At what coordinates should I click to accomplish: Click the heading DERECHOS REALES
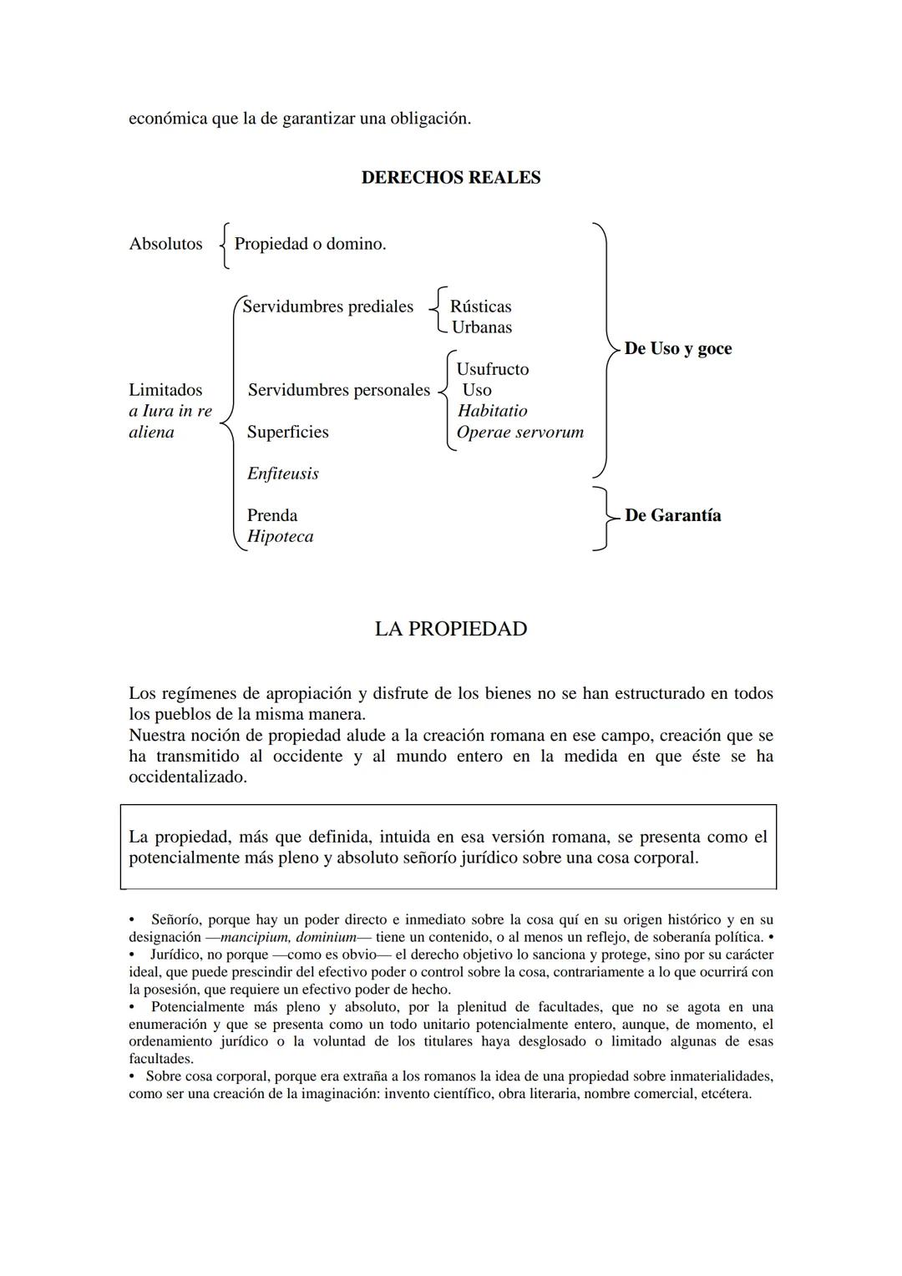pyautogui.click(x=450, y=178)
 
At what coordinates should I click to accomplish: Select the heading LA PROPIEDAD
pyautogui.click(x=450, y=629)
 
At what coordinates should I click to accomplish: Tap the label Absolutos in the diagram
pyautogui.click(x=165, y=244)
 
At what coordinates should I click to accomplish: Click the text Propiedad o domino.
pyautogui.click(x=310, y=244)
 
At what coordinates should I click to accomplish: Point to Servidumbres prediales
pyautogui.click(x=327, y=306)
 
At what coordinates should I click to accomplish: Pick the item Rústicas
pyautogui.click(x=480, y=306)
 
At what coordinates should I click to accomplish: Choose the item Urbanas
pyautogui.click(x=481, y=327)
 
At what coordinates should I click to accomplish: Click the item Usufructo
pyautogui.click(x=492, y=369)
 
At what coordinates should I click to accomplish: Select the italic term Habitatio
pyautogui.click(x=492, y=411)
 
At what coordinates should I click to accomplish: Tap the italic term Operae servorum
pyautogui.click(x=519, y=432)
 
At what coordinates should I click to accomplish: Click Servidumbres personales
pyautogui.click(x=338, y=390)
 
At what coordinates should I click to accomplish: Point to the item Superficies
pyautogui.click(x=287, y=432)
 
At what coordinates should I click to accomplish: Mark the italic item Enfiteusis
pyautogui.click(x=282, y=473)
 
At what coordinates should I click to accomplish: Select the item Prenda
pyautogui.click(x=271, y=515)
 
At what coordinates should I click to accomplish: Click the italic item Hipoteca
pyautogui.click(x=280, y=536)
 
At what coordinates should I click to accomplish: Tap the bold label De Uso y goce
pyautogui.click(x=677, y=348)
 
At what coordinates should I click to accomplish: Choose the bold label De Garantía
pyautogui.click(x=672, y=515)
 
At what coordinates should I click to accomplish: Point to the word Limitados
pyautogui.click(x=165, y=390)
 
